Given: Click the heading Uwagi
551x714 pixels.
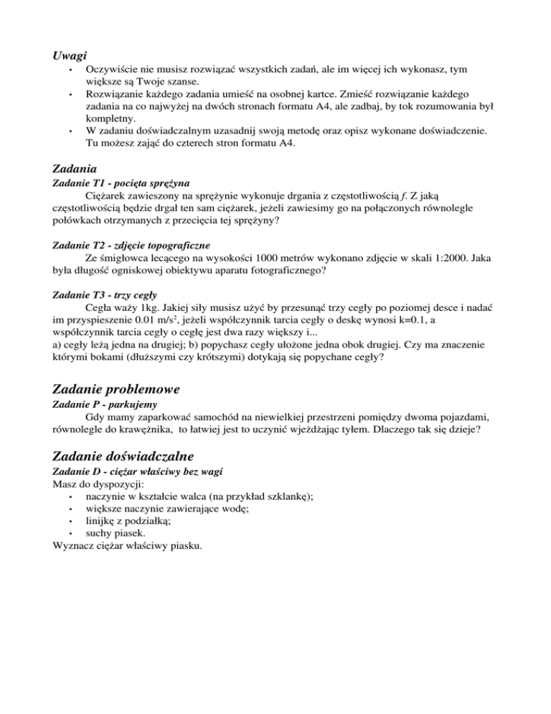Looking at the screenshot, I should click(70, 55).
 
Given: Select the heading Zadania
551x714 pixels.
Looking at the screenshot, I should click(77, 169).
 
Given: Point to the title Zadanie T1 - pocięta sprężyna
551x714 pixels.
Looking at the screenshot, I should click(122, 183).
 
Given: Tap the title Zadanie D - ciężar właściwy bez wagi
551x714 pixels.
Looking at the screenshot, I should click(138, 470).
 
